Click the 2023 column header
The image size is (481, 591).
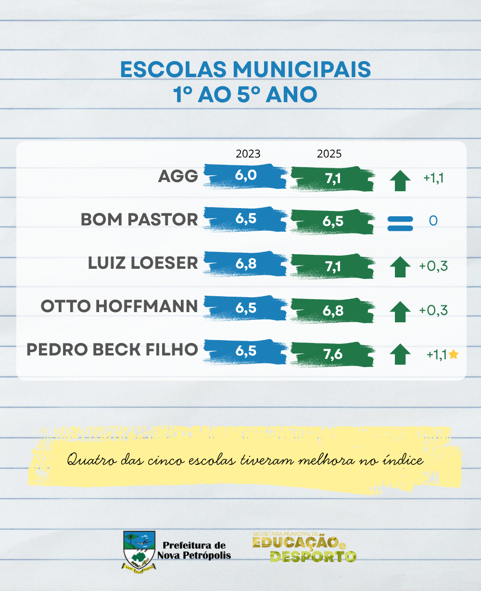248,154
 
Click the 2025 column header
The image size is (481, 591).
329,154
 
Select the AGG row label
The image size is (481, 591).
178,176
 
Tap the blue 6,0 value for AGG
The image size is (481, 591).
246,175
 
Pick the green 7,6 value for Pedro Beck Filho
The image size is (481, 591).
333,355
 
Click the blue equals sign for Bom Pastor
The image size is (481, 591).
400,223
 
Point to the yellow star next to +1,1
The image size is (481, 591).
453,355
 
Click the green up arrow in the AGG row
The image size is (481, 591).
400,181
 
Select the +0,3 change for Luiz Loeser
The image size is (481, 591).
433,266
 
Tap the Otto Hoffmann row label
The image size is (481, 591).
119,306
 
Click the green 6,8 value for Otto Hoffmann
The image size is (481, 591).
333,311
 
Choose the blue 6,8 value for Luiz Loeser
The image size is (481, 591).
246,263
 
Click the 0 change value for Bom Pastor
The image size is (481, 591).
433,221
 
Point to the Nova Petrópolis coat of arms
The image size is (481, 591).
139,552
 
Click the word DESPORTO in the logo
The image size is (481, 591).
313,557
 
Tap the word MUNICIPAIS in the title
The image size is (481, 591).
302,69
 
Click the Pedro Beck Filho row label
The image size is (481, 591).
112,349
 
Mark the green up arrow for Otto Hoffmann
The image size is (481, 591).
400,312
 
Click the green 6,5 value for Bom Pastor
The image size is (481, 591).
333,222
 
